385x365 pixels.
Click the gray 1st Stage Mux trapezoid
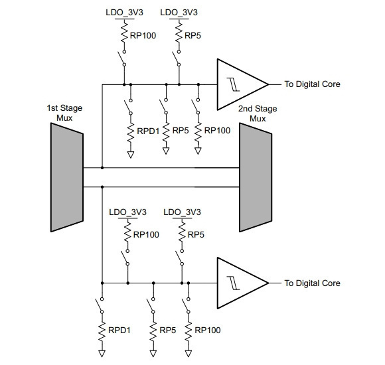67,177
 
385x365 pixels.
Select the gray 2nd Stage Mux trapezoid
256,177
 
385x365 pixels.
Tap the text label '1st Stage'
64,108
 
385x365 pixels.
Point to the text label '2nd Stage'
258,109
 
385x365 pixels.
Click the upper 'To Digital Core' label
313,84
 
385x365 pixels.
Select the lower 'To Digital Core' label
313,283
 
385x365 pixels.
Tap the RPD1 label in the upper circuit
148,131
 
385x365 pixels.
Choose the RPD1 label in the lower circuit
119,330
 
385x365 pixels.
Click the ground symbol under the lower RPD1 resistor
102,354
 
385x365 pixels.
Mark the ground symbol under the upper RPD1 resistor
131,155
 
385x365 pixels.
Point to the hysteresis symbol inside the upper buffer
233,85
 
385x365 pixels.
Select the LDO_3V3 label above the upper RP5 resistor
179,12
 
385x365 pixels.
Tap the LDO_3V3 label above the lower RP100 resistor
127,212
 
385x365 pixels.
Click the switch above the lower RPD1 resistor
100,305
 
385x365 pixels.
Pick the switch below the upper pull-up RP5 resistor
177,58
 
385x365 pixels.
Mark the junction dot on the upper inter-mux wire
102,168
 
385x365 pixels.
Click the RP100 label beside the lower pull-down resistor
208,330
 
